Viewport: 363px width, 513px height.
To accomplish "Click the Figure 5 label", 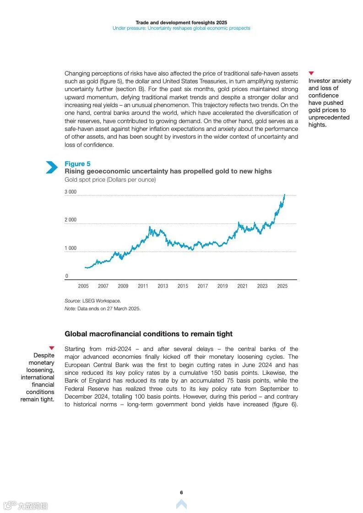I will point(77,164).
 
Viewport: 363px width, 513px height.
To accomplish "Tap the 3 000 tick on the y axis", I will point(70,192).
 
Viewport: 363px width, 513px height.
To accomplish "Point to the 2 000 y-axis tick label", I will point(70,220).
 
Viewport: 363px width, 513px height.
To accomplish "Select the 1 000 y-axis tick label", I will point(70,248).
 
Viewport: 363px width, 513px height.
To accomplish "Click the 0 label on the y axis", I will point(67,276).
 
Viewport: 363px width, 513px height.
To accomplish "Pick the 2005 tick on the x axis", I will point(83,286).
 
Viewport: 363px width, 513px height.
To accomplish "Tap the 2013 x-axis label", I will point(163,286).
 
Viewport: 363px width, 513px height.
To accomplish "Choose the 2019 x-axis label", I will point(222,286).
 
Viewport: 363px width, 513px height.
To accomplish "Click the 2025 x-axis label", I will point(282,286).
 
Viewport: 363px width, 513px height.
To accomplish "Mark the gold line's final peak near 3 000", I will point(284,195).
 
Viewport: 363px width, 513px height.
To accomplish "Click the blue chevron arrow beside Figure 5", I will point(52,167).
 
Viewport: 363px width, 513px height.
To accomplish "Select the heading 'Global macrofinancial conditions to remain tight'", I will point(148,334).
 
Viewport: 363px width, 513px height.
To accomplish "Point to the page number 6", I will point(181,492).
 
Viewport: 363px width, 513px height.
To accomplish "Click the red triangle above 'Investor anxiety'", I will point(311,73).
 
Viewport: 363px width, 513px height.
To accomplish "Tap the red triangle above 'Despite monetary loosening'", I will point(52,348).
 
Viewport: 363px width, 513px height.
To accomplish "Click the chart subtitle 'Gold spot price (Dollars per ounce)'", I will point(110,180).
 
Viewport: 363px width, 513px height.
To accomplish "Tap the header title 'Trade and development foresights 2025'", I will point(181,22).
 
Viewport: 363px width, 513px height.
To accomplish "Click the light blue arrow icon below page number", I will point(181,504).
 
